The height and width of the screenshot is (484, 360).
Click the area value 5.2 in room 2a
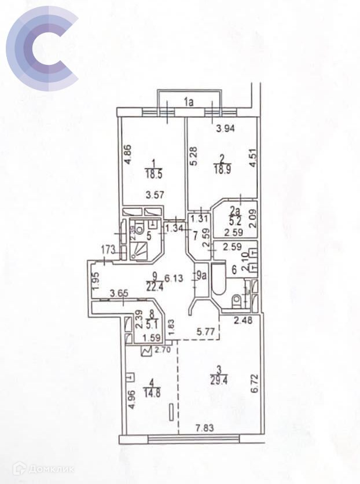point(234,221)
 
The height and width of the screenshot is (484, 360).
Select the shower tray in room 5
point(139,250)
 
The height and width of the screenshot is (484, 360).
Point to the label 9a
point(201,276)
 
